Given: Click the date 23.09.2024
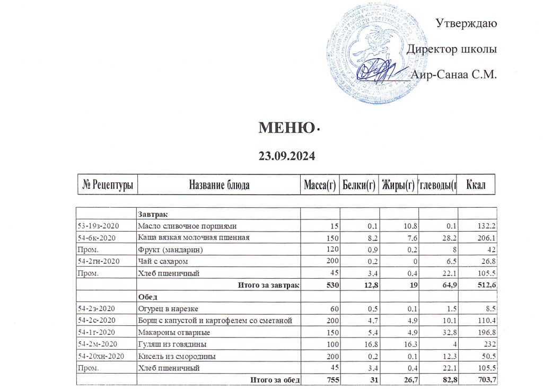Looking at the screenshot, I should pyautogui.click(x=287, y=156).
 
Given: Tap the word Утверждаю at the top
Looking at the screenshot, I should pyautogui.click(x=466, y=23).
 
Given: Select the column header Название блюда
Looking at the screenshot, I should pyautogui.click(x=219, y=185).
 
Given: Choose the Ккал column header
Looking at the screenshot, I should pyautogui.click(x=477, y=185).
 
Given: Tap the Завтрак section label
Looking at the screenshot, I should pyautogui.click(x=153, y=215).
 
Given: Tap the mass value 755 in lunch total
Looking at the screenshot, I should pyautogui.click(x=327, y=379).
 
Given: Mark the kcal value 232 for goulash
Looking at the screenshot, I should pyautogui.click(x=489, y=344).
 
